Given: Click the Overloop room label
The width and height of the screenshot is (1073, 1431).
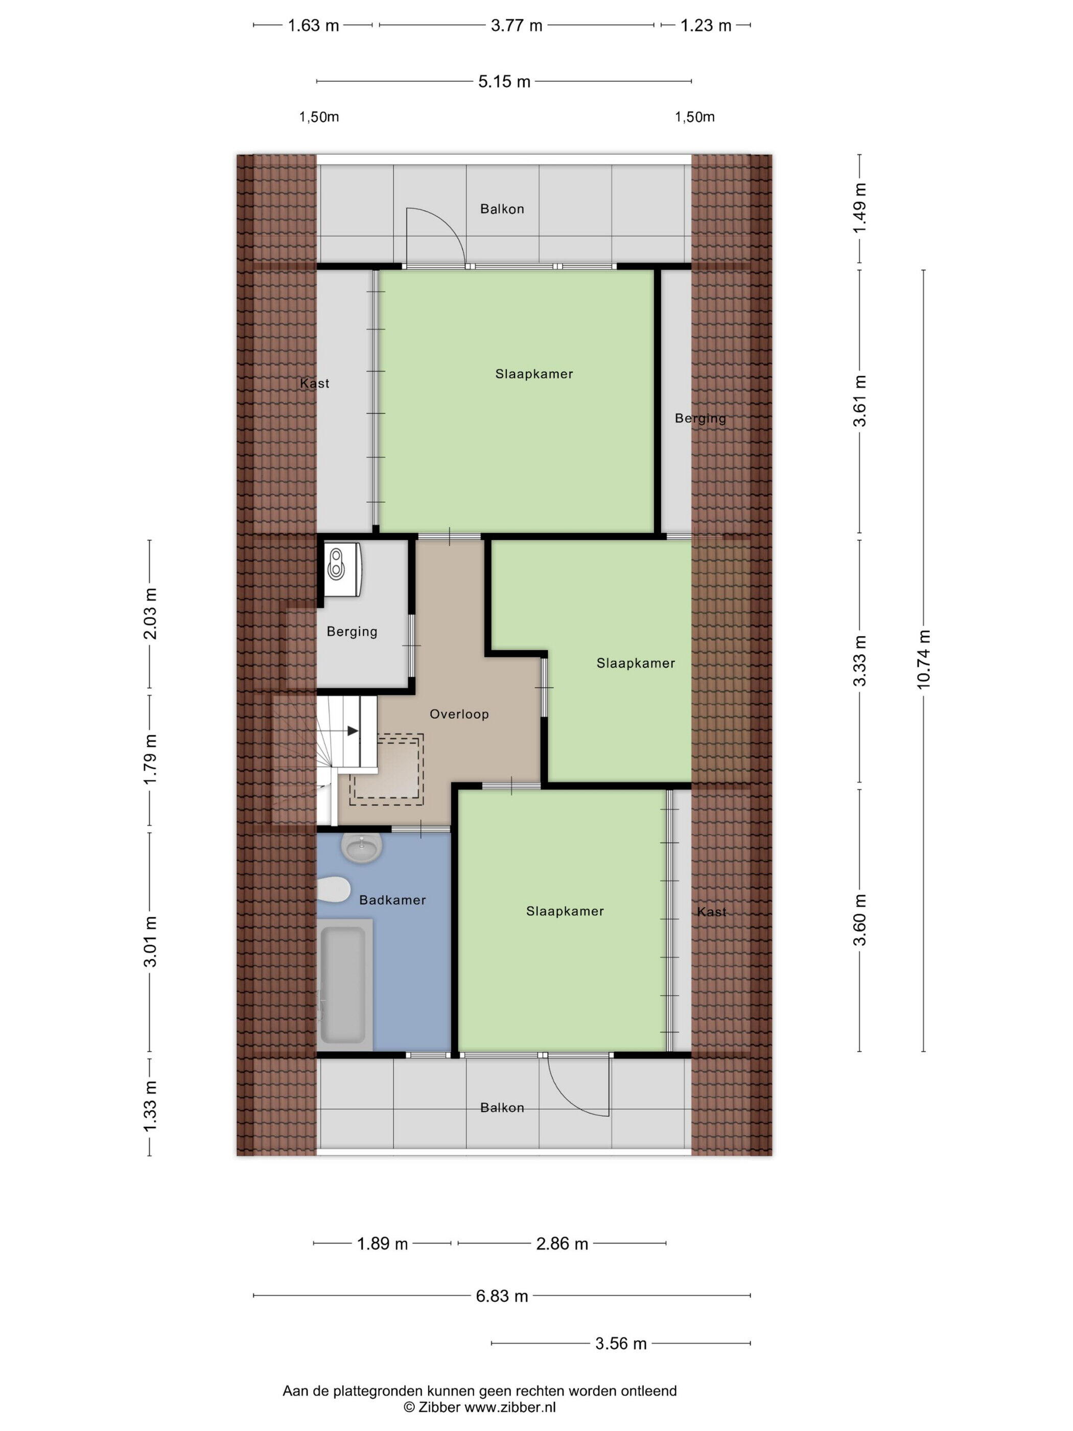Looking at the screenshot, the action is coord(458,714).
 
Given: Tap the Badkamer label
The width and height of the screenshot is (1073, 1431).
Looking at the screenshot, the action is coord(392,900).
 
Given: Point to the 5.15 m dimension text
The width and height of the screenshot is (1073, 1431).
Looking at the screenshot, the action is coord(504,81).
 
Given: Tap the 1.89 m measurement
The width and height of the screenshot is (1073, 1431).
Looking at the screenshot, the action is coord(383,1243).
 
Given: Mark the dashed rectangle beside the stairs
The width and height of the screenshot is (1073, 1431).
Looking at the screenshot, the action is coord(387,769).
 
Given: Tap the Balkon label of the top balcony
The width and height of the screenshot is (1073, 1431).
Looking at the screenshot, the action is coord(502,209).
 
